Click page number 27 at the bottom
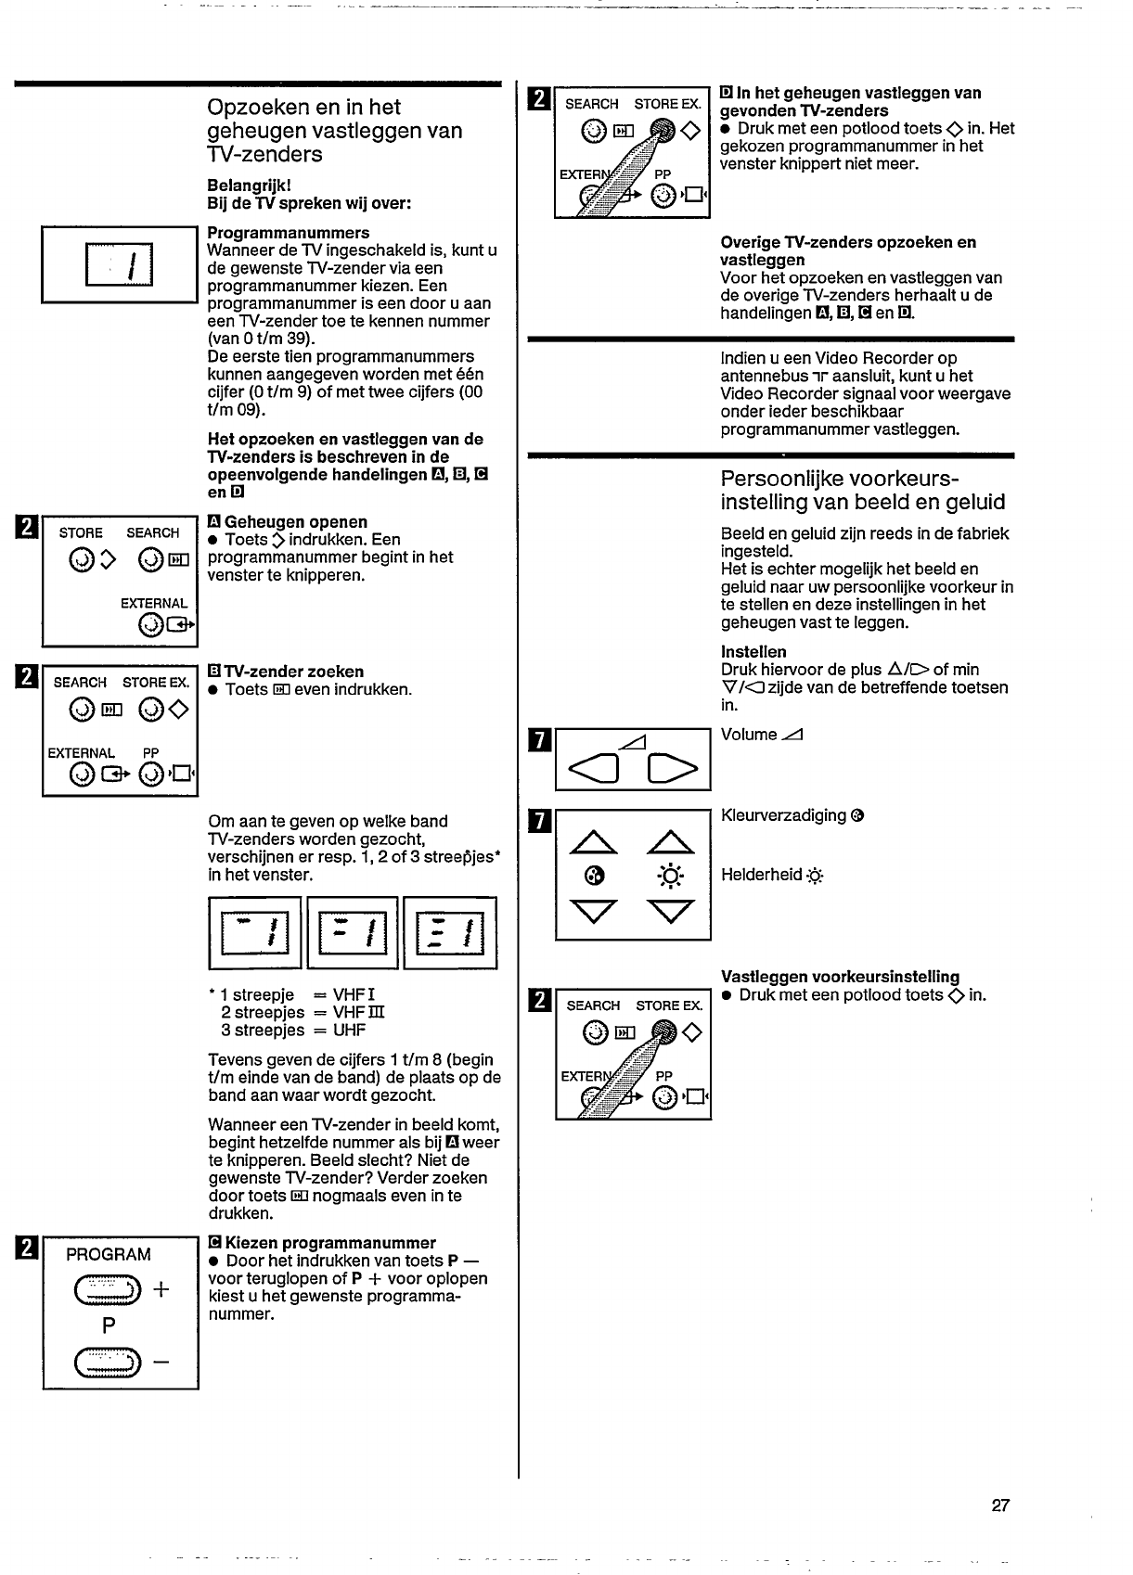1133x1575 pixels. pos(1000,1505)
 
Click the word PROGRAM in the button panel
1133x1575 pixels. pos(109,1255)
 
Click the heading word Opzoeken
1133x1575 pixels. pos(257,108)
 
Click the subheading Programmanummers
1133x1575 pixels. pos(289,233)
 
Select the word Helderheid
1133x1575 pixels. pos(761,875)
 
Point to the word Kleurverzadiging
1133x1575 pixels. pos(783,815)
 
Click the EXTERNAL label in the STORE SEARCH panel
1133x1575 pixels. pos(154,603)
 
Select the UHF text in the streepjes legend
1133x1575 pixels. pos(349,1031)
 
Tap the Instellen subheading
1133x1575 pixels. pos(753,652)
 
